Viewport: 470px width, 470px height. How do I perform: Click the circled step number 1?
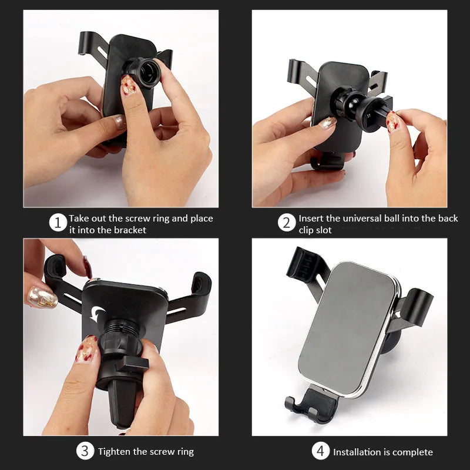(x=58, y=223)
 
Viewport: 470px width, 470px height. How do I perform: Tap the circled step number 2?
(x=287, y=223)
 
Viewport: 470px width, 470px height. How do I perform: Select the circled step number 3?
(x=85, y=451)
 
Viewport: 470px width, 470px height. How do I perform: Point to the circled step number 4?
(x=320, y=451)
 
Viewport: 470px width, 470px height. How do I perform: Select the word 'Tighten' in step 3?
(x=114, y=451)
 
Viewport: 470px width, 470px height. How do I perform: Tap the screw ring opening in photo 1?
(x=147, y=72)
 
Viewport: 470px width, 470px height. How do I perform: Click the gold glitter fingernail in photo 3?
(x=42, y=298)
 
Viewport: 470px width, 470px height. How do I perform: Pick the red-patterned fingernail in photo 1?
(x=128, y=85)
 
